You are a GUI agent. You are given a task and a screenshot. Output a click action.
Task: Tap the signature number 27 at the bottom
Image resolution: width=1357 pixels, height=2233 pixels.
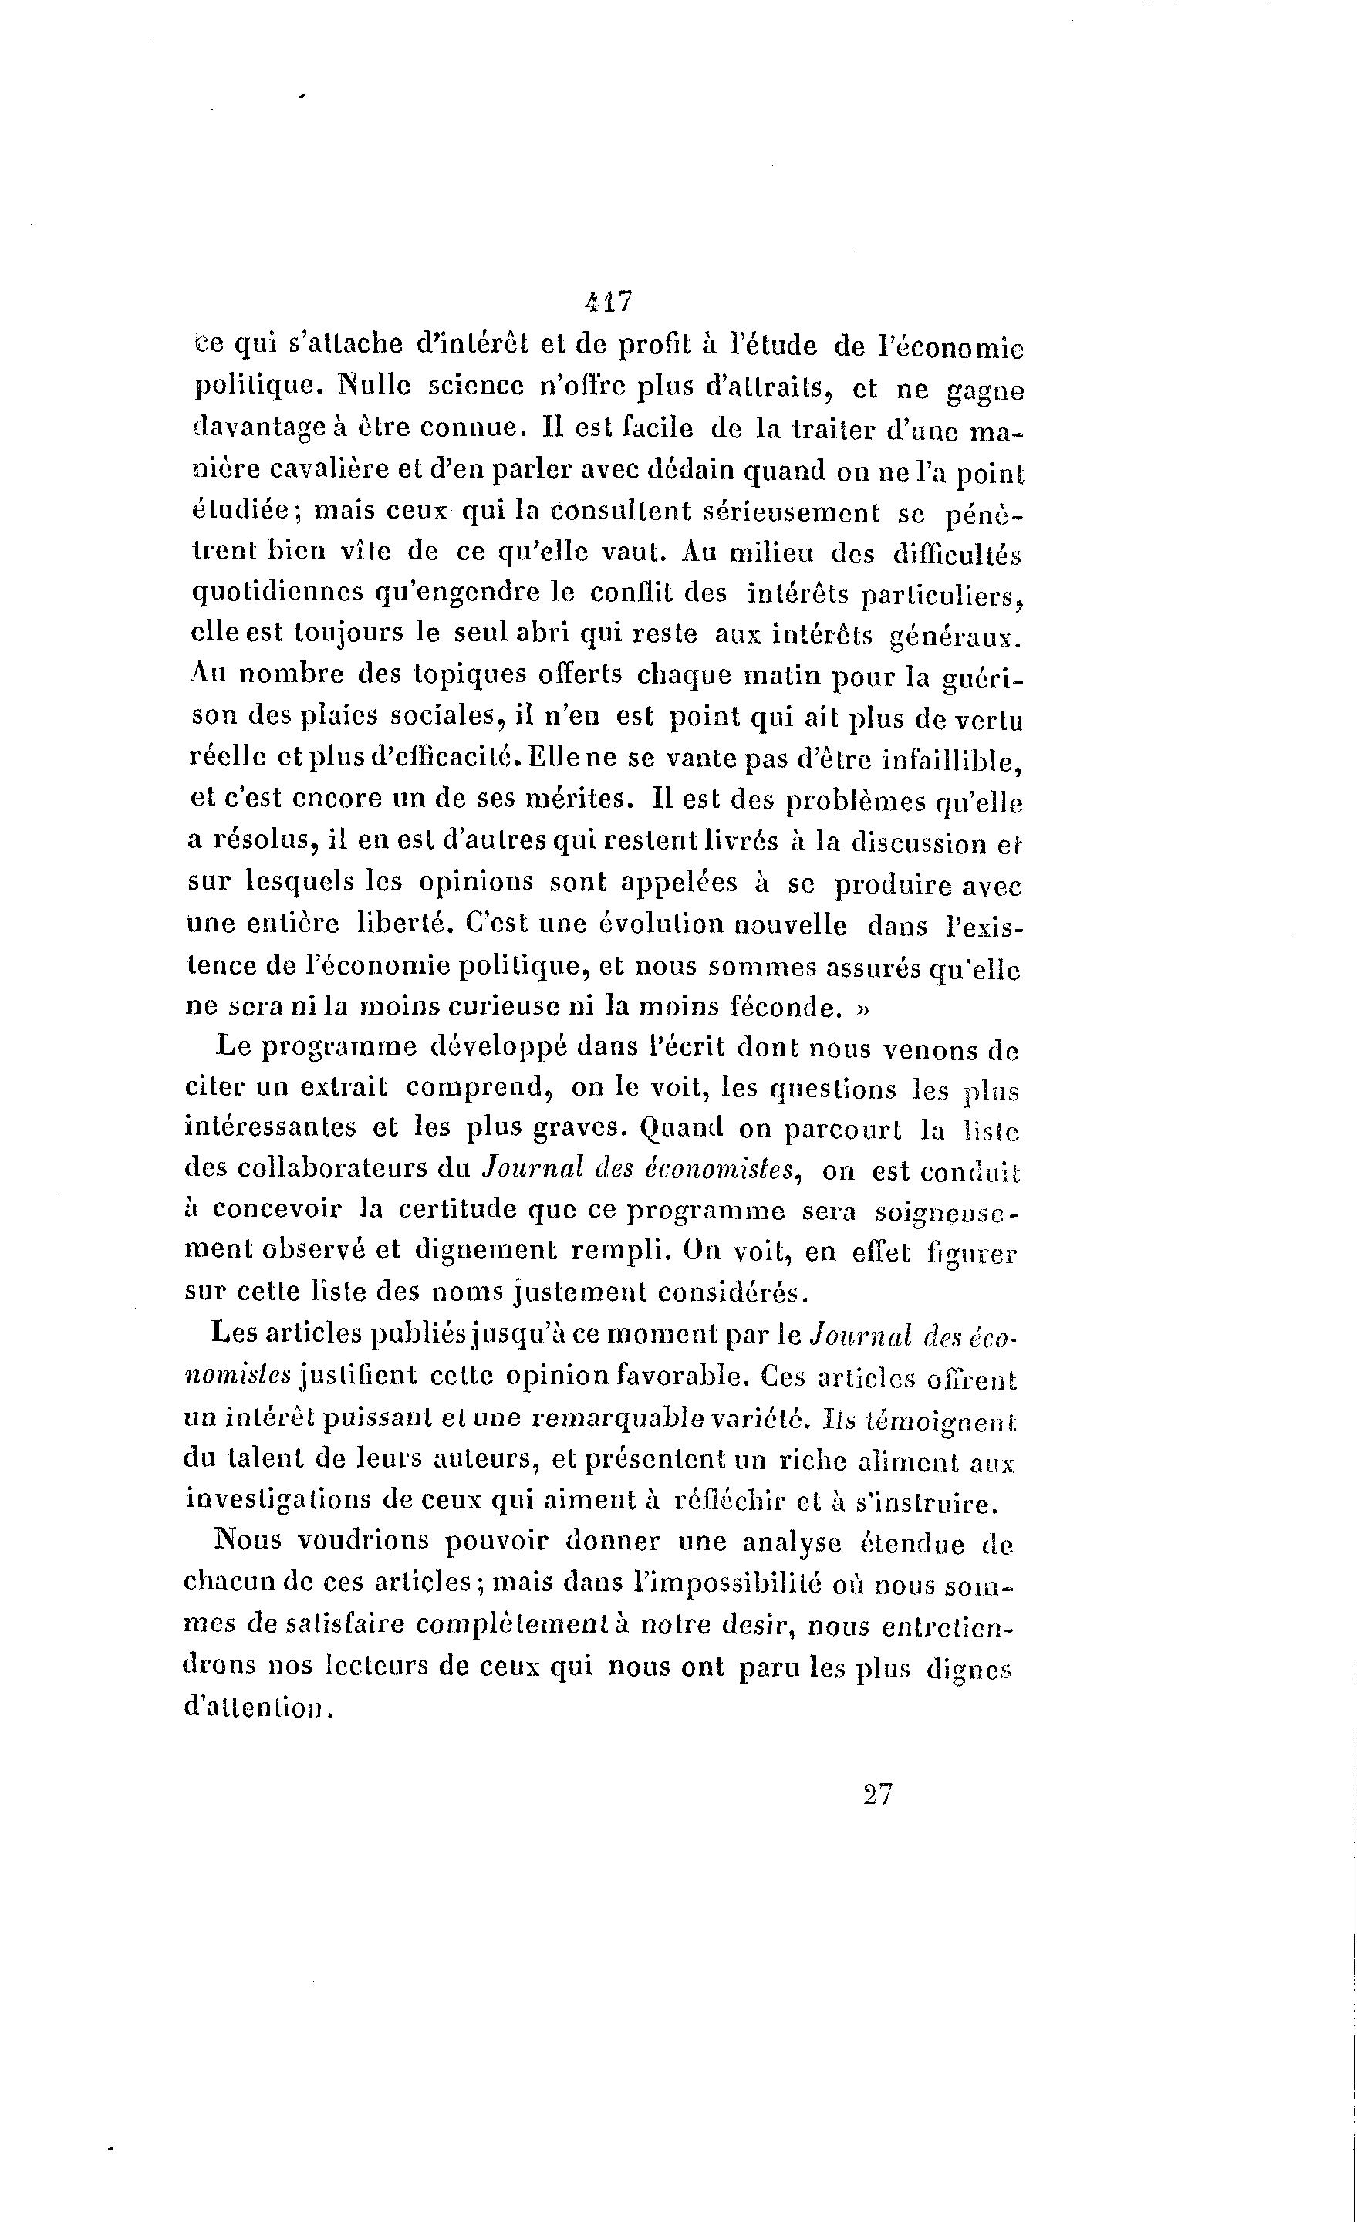point(878,1795)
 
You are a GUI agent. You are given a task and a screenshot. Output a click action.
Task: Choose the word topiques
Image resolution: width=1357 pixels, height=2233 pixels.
point(473,675)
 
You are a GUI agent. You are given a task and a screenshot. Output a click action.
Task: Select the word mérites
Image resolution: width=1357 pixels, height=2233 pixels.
point(584,799)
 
